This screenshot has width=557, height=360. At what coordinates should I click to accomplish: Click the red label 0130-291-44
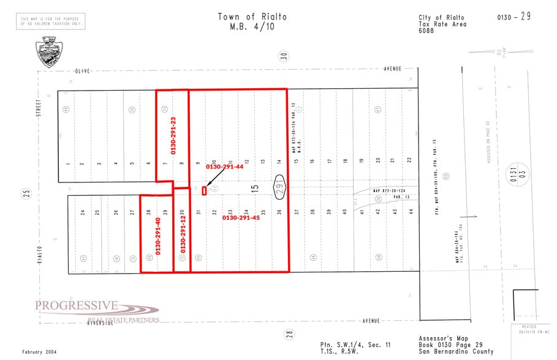coord(225,167)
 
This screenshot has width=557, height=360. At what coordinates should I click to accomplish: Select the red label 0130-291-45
coord(241,217)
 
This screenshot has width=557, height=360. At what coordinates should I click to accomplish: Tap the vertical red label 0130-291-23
coord(173,135)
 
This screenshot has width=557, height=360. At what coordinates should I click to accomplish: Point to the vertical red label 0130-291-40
coord(157,236)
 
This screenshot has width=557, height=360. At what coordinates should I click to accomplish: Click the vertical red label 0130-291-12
coord(182,236)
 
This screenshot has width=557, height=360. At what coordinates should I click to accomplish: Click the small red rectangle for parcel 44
coord(204,190)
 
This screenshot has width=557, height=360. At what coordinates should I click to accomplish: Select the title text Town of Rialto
coord(252,17)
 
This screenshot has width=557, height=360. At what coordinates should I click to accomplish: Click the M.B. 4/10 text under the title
coord(252,27)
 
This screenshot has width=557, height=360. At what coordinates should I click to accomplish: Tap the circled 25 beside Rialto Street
coord(26,193)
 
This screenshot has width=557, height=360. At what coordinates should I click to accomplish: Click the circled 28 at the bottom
coord(290,334)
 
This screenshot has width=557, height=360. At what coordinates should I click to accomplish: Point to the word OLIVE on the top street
coord(83,71)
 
